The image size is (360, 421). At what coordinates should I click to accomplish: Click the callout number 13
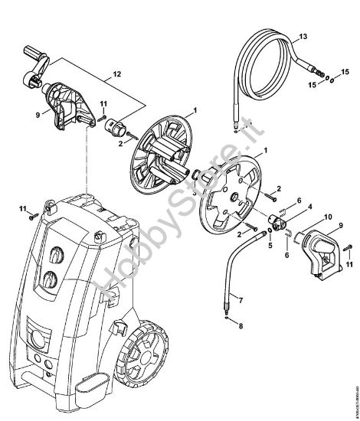click(303, 37)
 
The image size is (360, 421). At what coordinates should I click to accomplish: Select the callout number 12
click(116, 75)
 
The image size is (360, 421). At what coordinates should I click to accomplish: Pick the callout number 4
click(309, 206)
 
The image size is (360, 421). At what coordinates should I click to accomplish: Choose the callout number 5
click(270, 246)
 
